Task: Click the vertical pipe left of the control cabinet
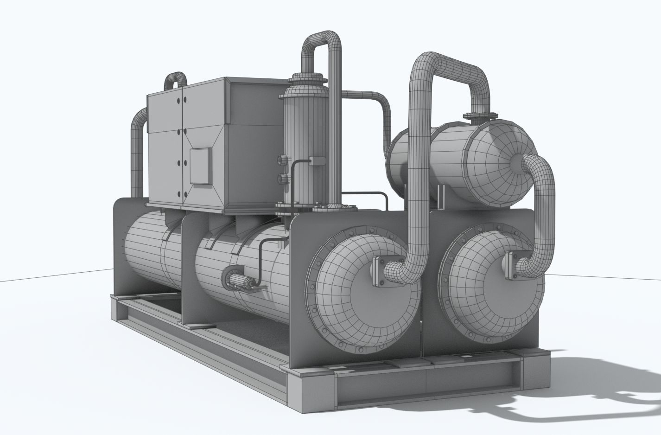[x=137, y=153]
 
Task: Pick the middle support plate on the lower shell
[x=189, y=269]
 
